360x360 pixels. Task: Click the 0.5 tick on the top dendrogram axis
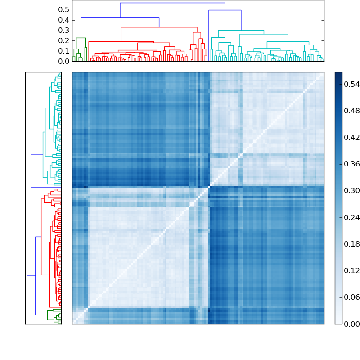[x=64, y=10]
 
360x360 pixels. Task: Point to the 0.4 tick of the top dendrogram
[x=64, y=20]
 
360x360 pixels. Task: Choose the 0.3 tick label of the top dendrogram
[x=64, y=31]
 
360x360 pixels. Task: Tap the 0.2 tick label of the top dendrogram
[x=64, y=40]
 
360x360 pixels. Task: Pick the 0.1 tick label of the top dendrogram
[x=64, y=51]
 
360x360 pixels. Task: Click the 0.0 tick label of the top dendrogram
[x=64, y=61]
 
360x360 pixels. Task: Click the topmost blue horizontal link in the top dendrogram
[x=172, y=3]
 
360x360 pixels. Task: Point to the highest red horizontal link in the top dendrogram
[x=159, y=27]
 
